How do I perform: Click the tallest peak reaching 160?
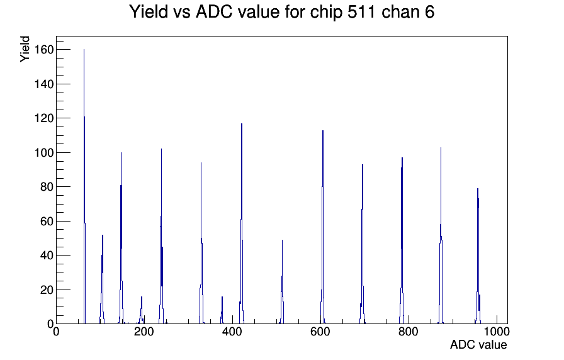pos(84,187)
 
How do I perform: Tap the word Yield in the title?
pos(149,11)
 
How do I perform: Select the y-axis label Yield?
pos(25,49)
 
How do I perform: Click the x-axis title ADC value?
pos(478,344)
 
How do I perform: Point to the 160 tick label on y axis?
pos(43,49)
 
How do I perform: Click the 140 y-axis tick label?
pos(43,84)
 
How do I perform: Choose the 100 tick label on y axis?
pos(43,152)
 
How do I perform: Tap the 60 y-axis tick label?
pos(47,221)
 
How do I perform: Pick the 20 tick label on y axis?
pos(47,290)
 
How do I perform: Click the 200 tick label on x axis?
pos(144,331)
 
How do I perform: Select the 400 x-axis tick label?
pos(232,331)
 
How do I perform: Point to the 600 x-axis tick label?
pos(320,331)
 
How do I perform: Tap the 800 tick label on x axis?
pos(409,331)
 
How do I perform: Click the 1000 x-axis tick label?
pos(497,331)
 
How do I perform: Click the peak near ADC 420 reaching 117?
pos(242,223)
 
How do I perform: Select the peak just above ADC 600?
pos(323,227)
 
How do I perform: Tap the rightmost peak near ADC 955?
pos(478,256)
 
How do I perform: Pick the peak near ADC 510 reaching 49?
pos(282,281)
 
